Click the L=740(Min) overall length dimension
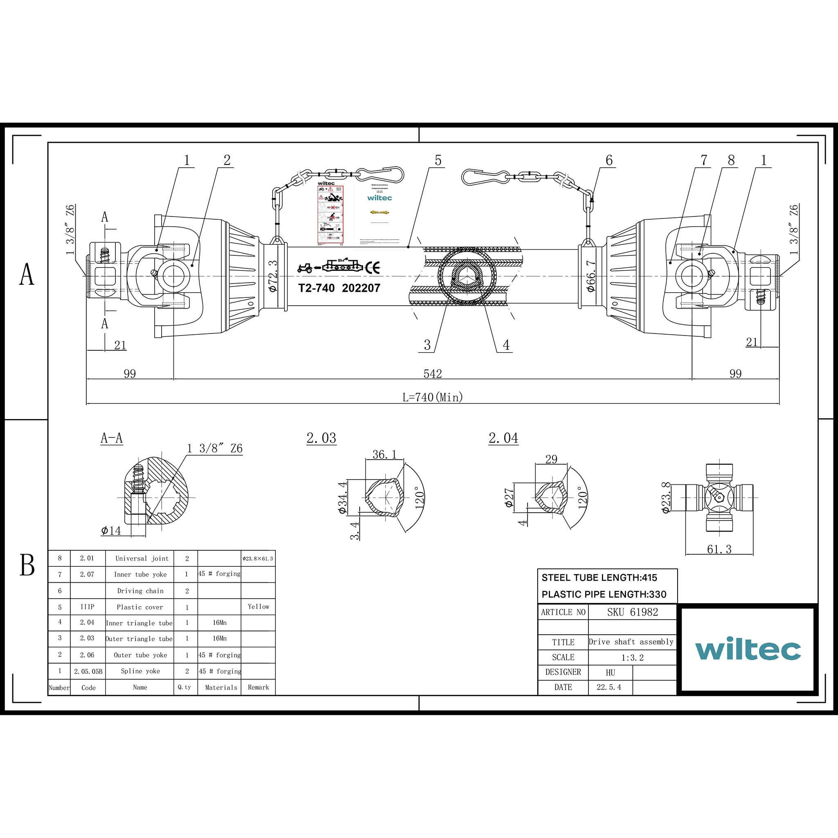click(x=433, y=397)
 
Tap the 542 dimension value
click(x=433, y=374)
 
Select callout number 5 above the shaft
click(x=438, y=160)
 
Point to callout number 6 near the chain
click(x=609, y=160)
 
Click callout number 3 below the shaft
click(x=427, y=345)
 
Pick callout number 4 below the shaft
click(x=506, y=345)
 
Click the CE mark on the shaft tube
click(x=373, y=268)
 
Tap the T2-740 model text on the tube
click(x=317, y=288)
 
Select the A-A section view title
click(x=111, y=438)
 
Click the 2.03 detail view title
click(x=321, y=438)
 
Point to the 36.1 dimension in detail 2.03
click(x=385, y=454)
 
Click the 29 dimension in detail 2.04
click(x=551, y=460)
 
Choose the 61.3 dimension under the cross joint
click(x=719, y=549)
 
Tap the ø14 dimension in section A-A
click(x=111, y=530)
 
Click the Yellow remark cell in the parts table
click(x=259, y=607)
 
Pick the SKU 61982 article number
click(x=633, y=612)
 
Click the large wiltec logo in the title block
click(x=748, y=649)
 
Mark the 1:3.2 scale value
click(x=633, y=658)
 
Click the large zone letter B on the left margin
click(x=27, y=565)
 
